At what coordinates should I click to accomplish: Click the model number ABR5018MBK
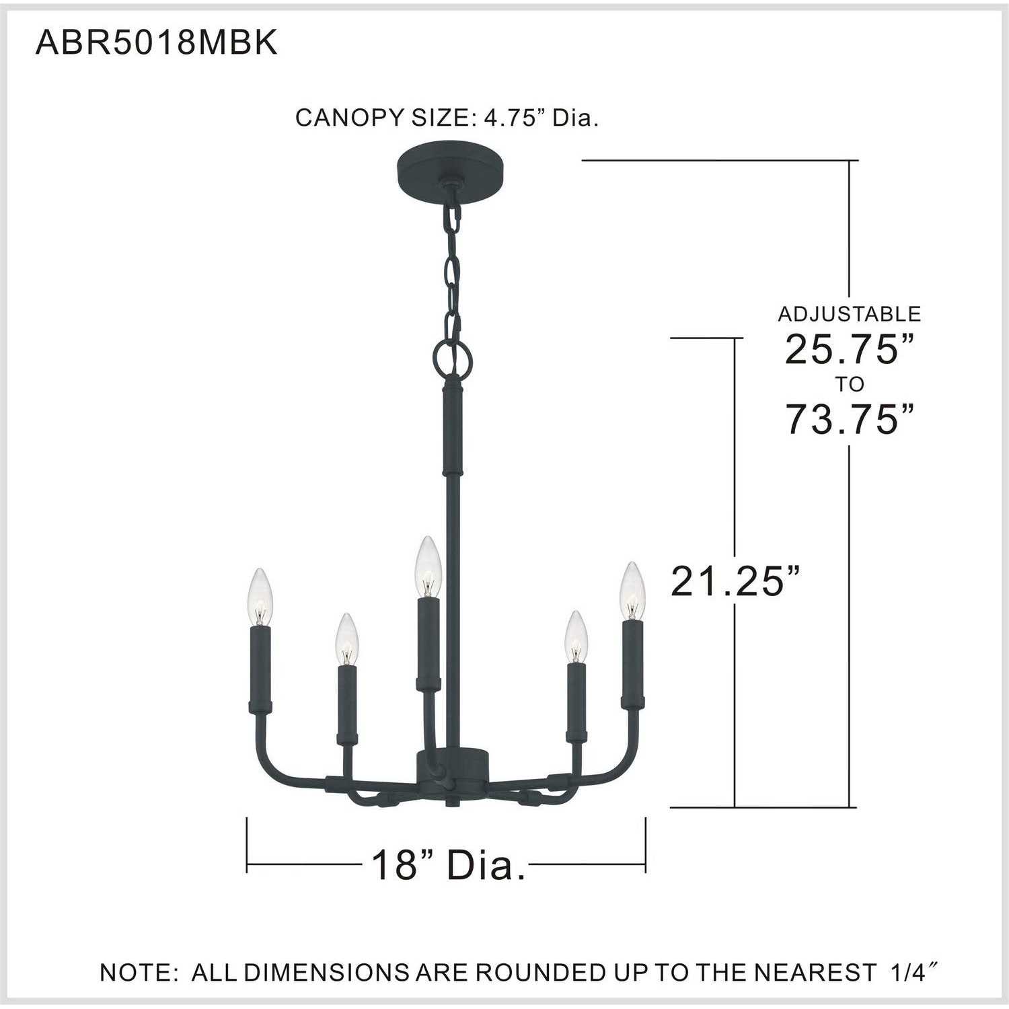(156, 43)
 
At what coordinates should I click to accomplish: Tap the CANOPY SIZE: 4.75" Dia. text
(447, 118)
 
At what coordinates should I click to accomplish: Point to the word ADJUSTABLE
(850, 313)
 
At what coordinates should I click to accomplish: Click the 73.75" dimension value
(850, 418)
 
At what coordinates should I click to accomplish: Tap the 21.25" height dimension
(737, 581)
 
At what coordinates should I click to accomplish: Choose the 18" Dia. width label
(449, 864)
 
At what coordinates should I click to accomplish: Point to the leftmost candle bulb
(260, 597)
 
